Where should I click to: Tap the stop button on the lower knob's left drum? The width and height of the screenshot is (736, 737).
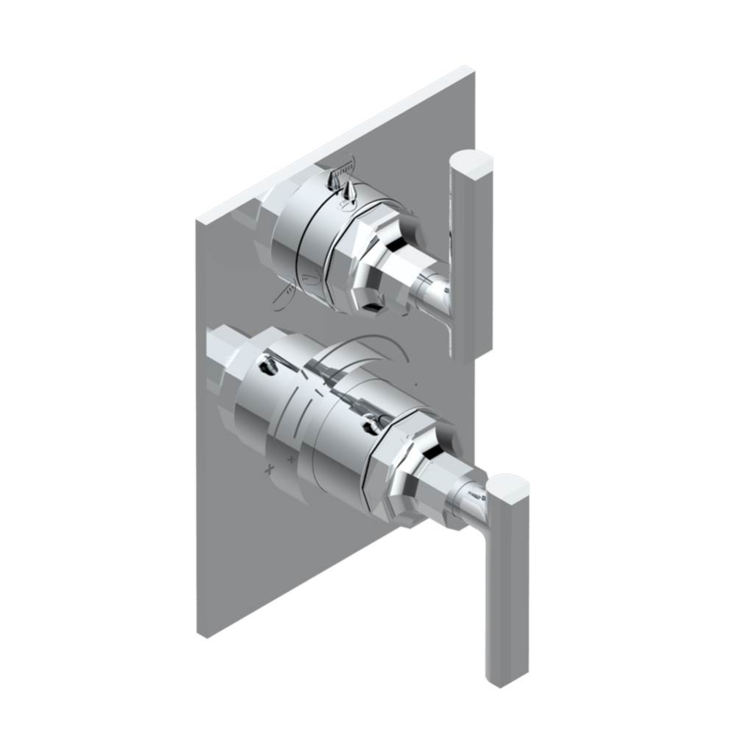[265, 364]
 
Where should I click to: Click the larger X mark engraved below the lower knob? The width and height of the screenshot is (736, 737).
[270, 469]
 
